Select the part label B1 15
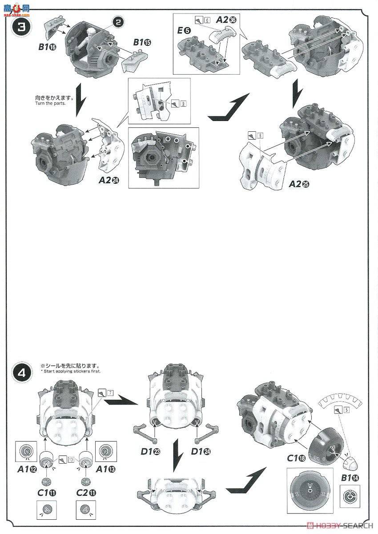142,42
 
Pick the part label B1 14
350,477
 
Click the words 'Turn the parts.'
50,104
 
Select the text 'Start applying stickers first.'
71,371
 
